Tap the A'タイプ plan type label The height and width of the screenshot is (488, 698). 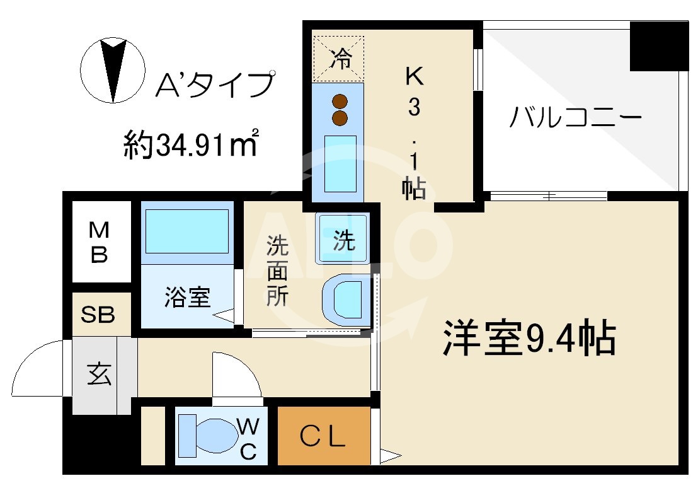click(x=214, y=84)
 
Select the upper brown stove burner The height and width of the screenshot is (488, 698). click(x=340, y=101)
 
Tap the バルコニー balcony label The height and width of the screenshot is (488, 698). click(x=575, y=117)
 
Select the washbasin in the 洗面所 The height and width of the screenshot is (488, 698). click(x=344, y=299)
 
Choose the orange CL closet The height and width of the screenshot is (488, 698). click(x=323, y=436)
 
